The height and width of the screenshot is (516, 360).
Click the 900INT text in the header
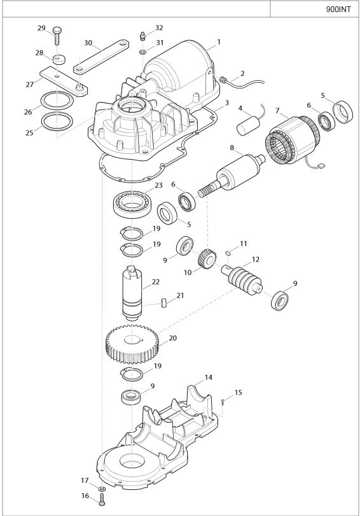point(338,9)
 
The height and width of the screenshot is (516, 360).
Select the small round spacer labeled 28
point(59,60)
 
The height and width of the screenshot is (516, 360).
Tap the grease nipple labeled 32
point(142,36)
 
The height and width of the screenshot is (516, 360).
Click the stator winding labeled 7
point(291,139)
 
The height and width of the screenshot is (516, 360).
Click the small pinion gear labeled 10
point(207,259)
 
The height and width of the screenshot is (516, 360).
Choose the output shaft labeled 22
point(133,293)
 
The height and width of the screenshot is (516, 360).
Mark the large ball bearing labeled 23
point(132,204)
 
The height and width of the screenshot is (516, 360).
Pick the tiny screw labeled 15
point(223,402)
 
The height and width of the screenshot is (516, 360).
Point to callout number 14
point(209,377)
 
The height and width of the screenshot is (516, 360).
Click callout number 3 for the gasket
point(226,102)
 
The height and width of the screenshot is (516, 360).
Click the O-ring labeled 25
point(57,122)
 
